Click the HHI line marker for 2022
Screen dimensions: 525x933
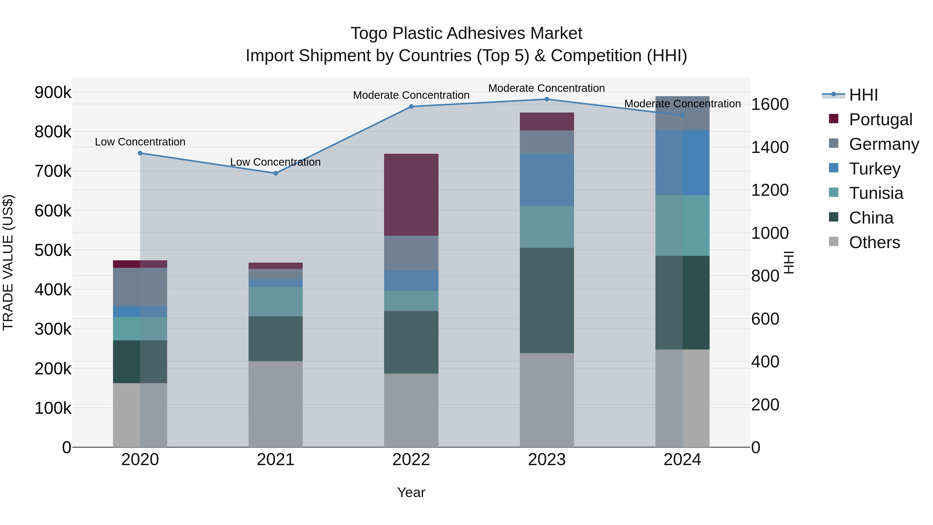click(x=411, y=107)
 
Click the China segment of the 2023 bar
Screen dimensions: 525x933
click(x=547, y=300)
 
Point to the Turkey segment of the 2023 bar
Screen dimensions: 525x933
click(x=547, y=179)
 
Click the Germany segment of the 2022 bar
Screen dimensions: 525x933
click(x=411, y=253)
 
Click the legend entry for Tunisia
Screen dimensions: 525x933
click(x=876, y=193)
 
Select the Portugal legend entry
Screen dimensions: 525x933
click(x=880, y=120)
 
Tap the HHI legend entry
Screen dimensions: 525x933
click(x=863, y=95)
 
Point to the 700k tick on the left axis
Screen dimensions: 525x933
click(x=53, y=171)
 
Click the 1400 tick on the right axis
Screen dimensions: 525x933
click(x=770, y=147)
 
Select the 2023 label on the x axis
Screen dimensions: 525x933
click(x=547, y=460)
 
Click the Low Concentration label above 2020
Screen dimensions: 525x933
click(x=140, y=142)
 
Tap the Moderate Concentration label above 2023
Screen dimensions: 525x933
click(x=547, y=88)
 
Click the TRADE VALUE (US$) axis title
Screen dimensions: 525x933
click(x=8, y=262)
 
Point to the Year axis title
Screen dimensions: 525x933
click(x=411, y=492)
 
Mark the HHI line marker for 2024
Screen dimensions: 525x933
click(x=682, y=115)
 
